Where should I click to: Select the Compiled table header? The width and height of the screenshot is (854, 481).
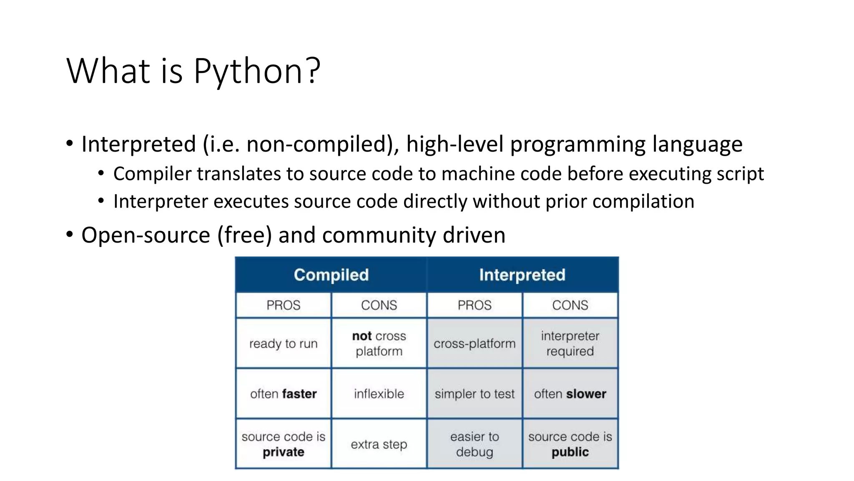coord(331,275)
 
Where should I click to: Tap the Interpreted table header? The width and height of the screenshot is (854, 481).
coord(522,275)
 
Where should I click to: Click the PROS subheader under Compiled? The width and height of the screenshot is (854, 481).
coord(283,305)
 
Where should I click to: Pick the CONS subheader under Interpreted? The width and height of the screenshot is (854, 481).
coord(570,305)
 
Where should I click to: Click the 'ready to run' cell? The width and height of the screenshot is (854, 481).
coord(283,344)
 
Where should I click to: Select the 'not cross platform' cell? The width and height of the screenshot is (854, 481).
coord(379,343)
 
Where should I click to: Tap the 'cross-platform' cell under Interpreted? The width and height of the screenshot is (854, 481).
coord(475,344)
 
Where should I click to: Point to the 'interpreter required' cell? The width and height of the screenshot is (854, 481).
coord(570,343)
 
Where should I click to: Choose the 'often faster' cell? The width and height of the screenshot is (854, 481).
coord(283,394)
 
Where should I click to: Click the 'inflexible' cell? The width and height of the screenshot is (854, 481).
coord(379,394)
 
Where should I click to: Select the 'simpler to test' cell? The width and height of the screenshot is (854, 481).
coord(475,394)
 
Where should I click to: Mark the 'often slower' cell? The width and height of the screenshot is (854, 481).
coord(570,394)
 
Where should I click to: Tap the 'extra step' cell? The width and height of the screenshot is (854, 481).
coord(379,444)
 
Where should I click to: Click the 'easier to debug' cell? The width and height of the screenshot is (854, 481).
coord(475,444)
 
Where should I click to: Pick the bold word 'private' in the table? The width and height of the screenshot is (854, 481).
coord(283,452)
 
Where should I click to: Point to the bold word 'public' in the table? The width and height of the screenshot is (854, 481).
coord(570,452)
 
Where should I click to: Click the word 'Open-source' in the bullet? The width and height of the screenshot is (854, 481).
coord(146,235)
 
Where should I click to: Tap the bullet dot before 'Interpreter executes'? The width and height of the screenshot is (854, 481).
coord(101,201)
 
